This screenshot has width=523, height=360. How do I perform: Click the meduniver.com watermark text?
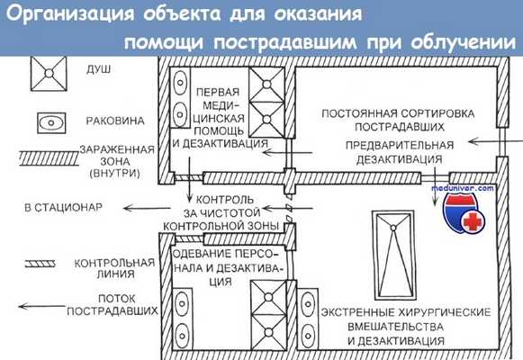pos(468,190)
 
